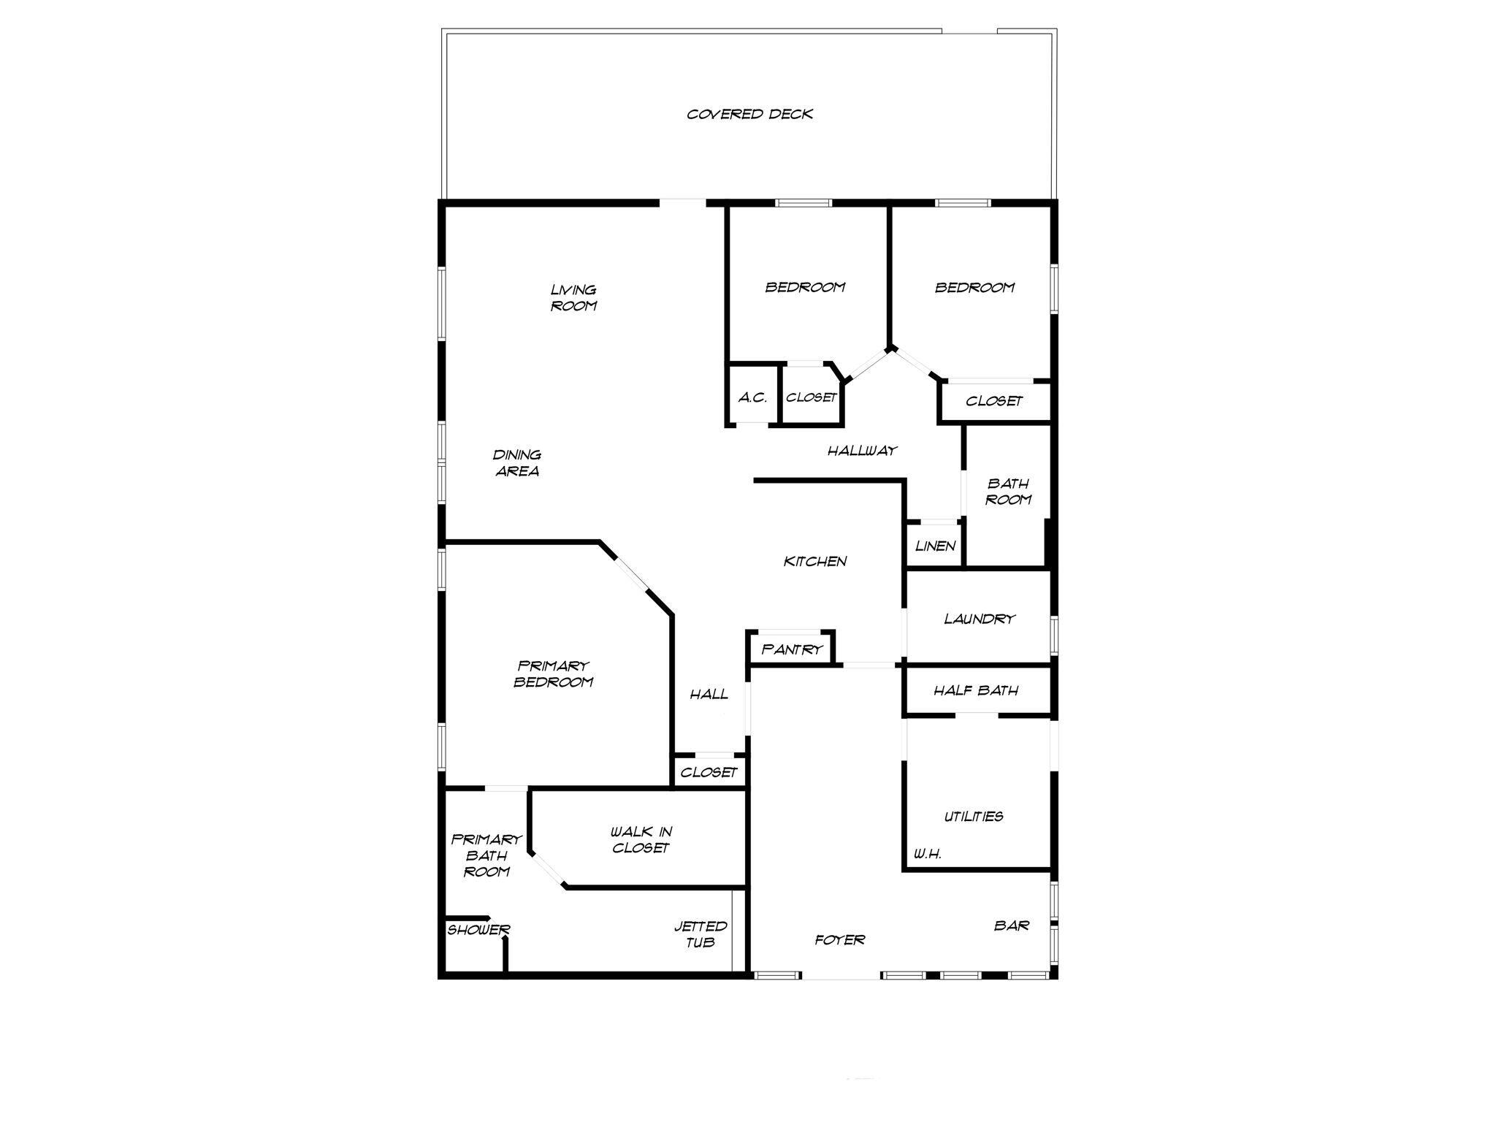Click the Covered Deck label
click(x=749, y=114)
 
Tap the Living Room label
click(x=573, y=298)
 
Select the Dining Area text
click(x=517, y=463)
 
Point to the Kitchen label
click(x=815, y=561)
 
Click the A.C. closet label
click(x=752, y=397)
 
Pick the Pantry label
click(x=792, y=649)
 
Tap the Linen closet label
click(x=935, y=546)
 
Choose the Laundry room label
click(x=979, y=619)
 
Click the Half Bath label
click(x=976, y=690)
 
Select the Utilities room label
click(x=974, y=817)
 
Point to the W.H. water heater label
click(x=928, y=853)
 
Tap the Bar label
click(x=1012, y=926)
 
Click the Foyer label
click(x=840, y=939)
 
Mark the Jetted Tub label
click(x=701, y=934)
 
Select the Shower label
click(x=478, y=930)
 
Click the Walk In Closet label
click(x=641, y=840)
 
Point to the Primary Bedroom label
click(x=553, y=673)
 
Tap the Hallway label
click(x=862, y=451)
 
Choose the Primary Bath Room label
click(x=486, y=855)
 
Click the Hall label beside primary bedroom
click(x=709, y=694)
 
